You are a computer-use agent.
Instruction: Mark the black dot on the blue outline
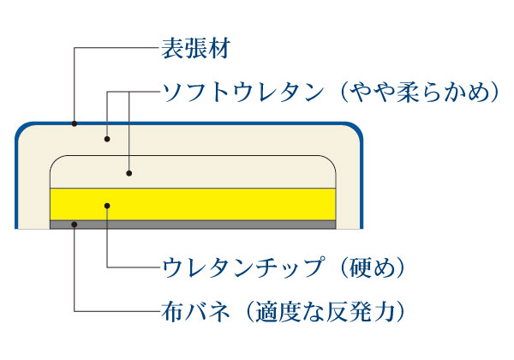[75, 124]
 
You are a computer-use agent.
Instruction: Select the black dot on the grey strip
[75, 224]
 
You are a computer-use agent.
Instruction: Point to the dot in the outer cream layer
[106, 138]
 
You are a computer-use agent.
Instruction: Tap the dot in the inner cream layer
[128, 172]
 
